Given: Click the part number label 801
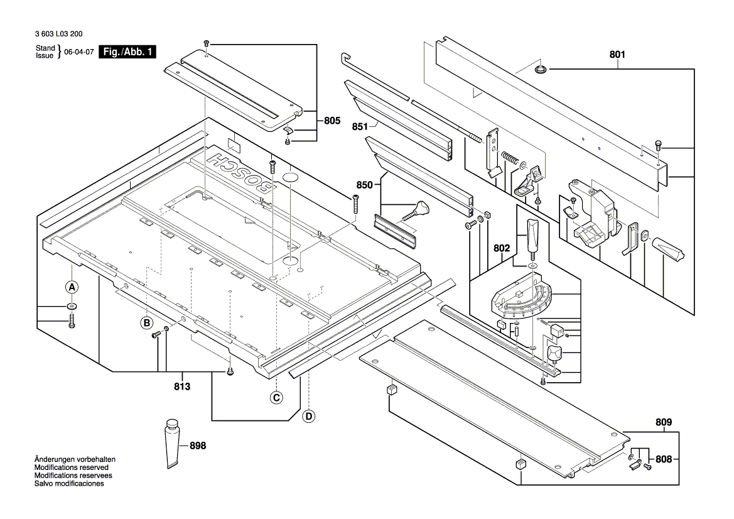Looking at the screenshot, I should pos(617,55).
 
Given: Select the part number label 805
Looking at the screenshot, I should pos(332,119).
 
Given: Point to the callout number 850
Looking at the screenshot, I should pos(365,185).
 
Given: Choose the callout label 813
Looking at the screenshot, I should pos(181,386).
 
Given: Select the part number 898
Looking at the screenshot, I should pos(197,445).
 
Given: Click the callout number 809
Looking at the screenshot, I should pos(664,422).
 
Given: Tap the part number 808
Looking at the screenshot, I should pos(664,459).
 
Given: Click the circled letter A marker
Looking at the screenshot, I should pos(72,287).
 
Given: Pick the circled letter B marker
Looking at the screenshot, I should pos(146,323).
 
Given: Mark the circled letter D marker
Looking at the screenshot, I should pos(308,415).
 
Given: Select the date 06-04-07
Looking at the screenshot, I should pos(78,52).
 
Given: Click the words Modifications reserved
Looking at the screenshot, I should pos(71,467).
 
